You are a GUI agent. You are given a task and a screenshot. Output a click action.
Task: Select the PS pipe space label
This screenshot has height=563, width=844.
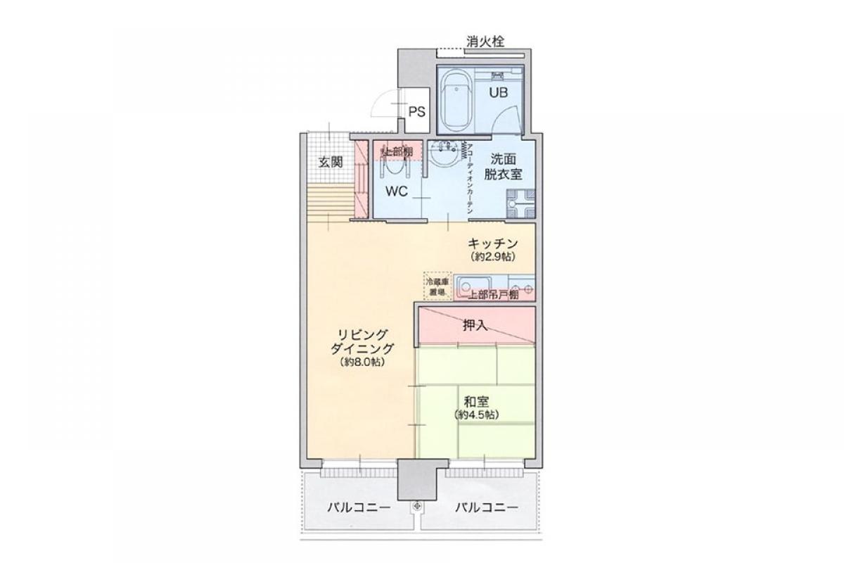click(416, 111)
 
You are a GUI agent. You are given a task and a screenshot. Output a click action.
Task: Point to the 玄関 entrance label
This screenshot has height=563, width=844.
click(331, 162)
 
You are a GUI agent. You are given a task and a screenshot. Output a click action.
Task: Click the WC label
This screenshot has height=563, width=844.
click(396, 191)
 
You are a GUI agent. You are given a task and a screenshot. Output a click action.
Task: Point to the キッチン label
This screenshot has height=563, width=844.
click(494, 243)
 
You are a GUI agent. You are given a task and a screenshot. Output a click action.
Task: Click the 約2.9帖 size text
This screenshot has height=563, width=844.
click(494, 257)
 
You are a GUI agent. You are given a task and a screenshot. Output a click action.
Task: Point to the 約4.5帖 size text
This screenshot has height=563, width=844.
click(476, 415)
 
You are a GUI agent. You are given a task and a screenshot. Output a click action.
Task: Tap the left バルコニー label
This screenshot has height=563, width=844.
click(358, 507)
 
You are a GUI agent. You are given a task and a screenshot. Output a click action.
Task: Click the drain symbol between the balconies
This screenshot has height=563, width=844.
click(418, 505)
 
